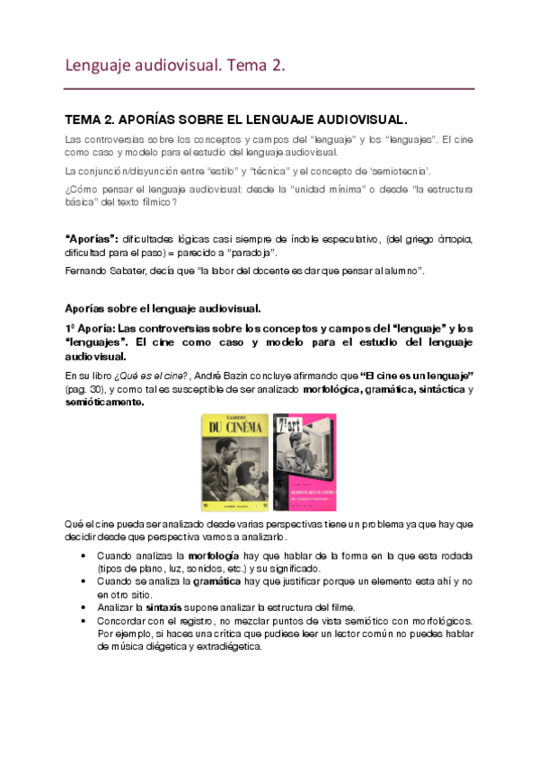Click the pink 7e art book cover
[303, 461]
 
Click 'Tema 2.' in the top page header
[257, 65]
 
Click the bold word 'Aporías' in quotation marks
[93, 238]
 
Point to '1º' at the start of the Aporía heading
[73, 327]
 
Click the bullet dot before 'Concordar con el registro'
[84, 620]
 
